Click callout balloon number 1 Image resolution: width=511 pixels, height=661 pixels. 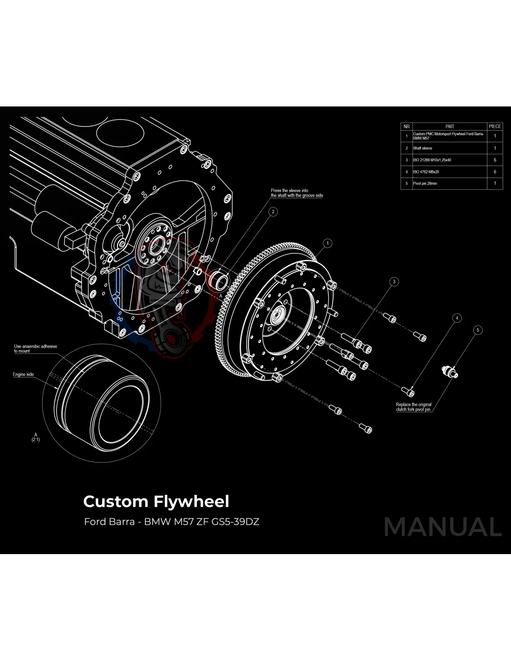(x=328, y=243)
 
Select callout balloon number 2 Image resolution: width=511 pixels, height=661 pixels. (x=273, y=212)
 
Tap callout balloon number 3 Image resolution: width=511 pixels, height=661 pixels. (x=394, y=281)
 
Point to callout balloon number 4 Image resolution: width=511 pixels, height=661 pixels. (x=457, y=318)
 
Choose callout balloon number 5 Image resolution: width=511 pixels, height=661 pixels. (x=478, y=330)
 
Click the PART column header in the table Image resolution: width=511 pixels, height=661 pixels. (x=450, y=126)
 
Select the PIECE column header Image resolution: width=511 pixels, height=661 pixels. (x=495, y=126)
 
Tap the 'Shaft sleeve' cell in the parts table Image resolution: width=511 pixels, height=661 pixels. (x=423, y=148)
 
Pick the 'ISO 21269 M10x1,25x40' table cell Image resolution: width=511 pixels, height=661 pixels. (x=432, y=160)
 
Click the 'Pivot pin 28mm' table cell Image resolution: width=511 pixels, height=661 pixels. (x=425, y=184)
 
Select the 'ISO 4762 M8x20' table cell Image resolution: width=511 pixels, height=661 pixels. (x=426, y=172)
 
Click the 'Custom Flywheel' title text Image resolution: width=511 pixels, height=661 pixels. (x=156, y=502)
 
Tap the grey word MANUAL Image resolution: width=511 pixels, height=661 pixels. (x=443, y=527)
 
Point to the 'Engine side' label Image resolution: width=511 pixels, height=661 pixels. (x=23, y=374)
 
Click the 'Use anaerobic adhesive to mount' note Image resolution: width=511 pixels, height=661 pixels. (x=35, y=349)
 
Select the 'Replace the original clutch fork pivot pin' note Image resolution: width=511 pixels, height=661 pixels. (x=413, y=407)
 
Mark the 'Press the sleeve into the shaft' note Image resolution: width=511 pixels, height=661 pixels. (x=297, y=193)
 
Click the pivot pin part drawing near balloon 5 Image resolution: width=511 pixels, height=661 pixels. (x=449, y=371)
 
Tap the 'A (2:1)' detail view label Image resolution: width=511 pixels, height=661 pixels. (x=36, y=437)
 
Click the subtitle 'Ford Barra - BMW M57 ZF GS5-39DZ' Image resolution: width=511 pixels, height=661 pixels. (x=171, y=522)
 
